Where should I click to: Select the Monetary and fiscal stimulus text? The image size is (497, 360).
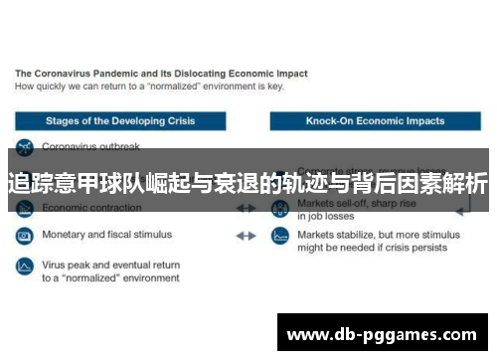pos(106,236)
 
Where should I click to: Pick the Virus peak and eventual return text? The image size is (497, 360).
pos(109,266)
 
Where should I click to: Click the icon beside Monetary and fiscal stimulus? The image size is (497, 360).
pos(23,237)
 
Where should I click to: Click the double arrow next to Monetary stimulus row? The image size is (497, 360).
pos(246,237)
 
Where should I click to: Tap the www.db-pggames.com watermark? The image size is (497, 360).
pos(382,334)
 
